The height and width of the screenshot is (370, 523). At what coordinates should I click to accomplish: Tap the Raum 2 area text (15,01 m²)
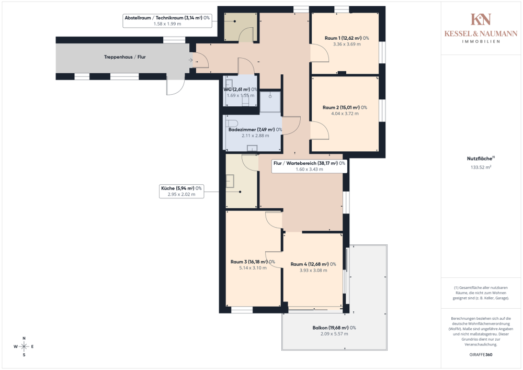pos(350,107)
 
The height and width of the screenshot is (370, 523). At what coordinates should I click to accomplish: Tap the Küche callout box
pos(181,191)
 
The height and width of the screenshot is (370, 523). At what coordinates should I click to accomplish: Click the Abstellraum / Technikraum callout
pos(167,21)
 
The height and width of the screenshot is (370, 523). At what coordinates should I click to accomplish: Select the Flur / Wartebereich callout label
pos(309,166)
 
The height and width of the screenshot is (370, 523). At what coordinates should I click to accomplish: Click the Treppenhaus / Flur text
pos(125,57)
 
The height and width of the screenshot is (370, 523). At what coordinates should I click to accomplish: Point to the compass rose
pos(24,346)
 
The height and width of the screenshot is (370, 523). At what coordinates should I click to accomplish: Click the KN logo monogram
pos(481,19)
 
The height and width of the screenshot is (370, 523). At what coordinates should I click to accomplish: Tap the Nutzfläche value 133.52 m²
pos(481,167)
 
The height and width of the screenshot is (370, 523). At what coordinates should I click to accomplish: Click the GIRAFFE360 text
pos(481,355)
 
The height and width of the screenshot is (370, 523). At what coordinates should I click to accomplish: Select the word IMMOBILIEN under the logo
pos(481,42)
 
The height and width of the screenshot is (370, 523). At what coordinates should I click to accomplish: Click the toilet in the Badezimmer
pos(232,122)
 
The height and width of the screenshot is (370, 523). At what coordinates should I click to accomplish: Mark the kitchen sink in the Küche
pos(230,181)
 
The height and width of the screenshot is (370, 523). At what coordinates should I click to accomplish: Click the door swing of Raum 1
pos(320,53)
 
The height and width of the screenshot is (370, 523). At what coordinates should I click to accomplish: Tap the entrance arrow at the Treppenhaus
pos(190,60)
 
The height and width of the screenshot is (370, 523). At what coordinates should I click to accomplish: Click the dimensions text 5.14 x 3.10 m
pos(253,268)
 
